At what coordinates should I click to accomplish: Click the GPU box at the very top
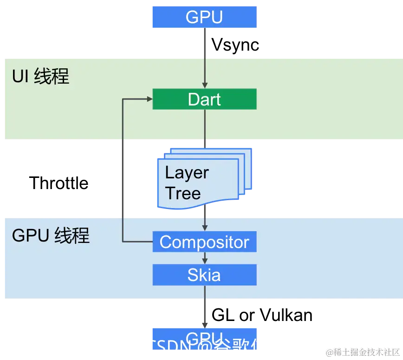tap(205, 17)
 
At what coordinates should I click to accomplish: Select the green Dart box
tap(204, 99)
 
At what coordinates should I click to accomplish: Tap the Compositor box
tap(204, 242)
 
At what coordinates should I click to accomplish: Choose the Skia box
tap(204, 275)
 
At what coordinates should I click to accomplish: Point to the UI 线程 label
tap(41, 77)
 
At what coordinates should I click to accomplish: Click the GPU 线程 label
tap(51, 236)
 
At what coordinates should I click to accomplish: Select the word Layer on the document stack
tap(187, 173)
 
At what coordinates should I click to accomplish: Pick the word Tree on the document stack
tap(183, 193)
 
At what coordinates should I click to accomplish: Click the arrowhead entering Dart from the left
tap(149, 99)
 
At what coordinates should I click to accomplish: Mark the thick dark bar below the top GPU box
tap(204, 43)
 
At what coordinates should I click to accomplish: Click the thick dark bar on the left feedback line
tap(123, 178)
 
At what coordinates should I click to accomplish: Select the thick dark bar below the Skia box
tap(204, 313)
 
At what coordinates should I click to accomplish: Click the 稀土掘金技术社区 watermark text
tap(362, 352)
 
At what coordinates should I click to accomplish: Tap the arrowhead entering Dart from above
tap(204, 85)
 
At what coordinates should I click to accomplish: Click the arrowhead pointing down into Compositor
tap(204, 228)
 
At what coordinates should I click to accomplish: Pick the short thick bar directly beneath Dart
tap(204, 144)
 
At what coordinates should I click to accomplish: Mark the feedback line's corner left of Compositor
tap(123, 242)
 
